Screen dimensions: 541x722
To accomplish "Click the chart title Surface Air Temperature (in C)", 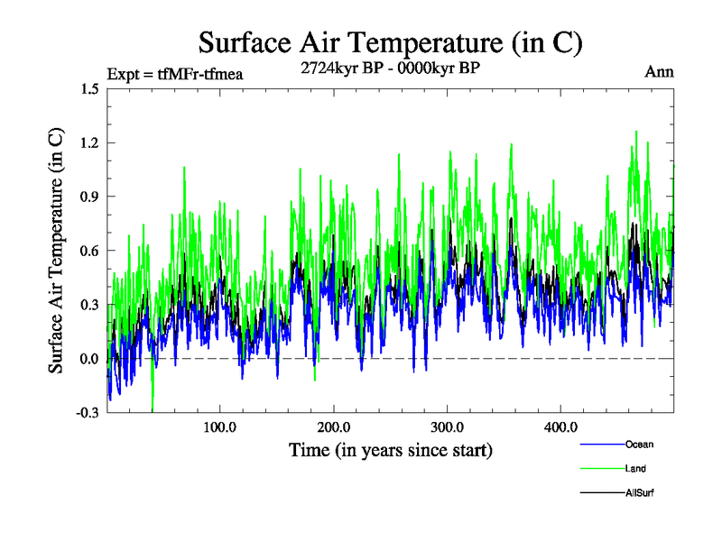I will pos(390,42).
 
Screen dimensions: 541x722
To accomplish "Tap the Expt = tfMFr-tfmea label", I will pos(174,74).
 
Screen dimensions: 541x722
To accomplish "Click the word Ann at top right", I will pos(659,72).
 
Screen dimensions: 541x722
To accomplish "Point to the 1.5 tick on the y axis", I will pos(89,88).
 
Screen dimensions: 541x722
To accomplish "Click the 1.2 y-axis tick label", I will pos(89,142).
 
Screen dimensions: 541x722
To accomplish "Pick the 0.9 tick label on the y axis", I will pos(89,197).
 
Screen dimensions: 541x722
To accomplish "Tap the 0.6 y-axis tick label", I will pos(89,251).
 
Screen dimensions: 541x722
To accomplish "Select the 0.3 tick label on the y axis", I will pos(89,305).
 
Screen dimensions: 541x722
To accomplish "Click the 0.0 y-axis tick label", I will pos(89,359).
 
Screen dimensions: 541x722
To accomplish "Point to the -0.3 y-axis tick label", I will pos(88,413).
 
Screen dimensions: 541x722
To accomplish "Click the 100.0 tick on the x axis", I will pos(220,427).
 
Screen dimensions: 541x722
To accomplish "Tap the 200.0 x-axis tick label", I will pos(334,427).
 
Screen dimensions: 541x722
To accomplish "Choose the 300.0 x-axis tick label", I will pos(448,427).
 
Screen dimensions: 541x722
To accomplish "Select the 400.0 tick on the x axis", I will pos(561,427).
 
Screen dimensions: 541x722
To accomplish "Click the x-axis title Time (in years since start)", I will pos(390,449).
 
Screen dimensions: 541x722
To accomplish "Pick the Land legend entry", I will pos(635,469).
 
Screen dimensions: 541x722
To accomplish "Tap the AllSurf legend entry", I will pos(638,493).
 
